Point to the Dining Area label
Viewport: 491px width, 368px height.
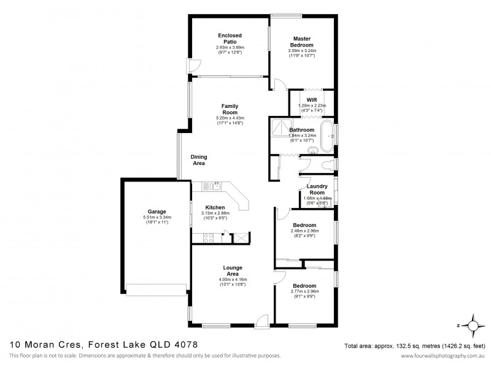coord(198,160)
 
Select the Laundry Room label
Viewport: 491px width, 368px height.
coord(317,189)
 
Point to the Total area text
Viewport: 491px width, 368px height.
coord(416,345)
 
